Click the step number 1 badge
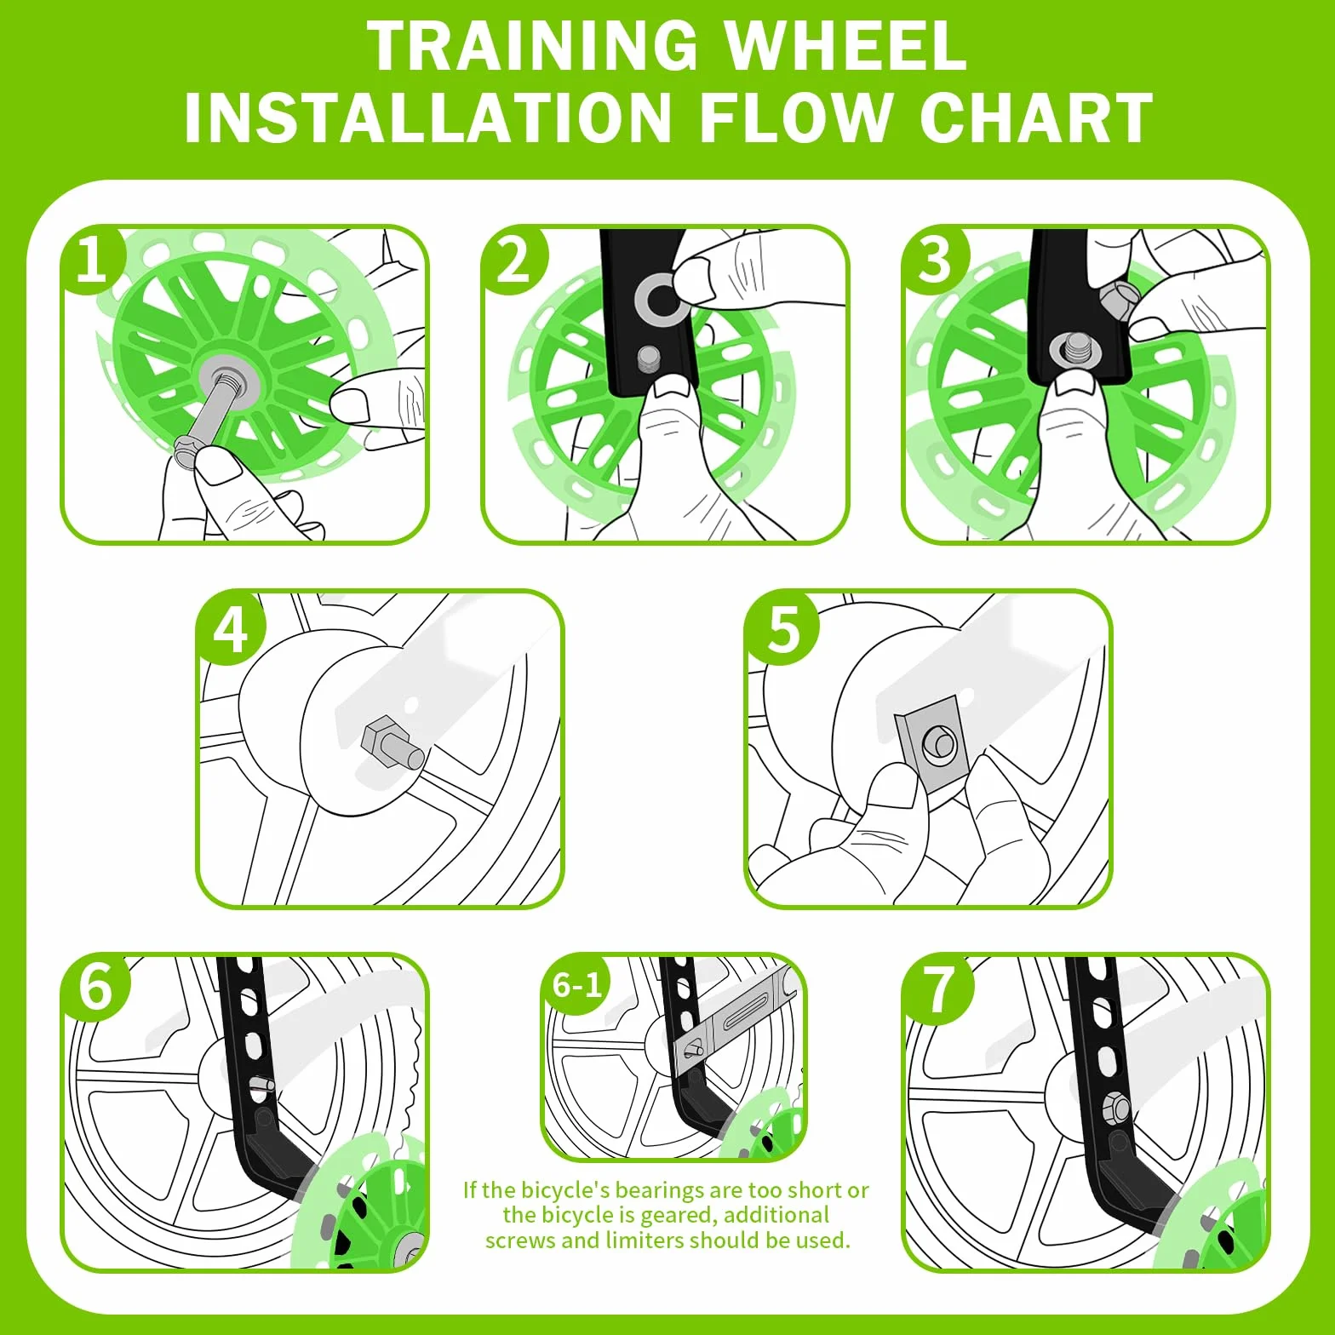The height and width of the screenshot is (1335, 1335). tap(91, 259)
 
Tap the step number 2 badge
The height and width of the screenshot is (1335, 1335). tap(513, 260)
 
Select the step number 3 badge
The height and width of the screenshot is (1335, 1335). tap(934, 260)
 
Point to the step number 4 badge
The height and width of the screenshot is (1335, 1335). tap(230, 630)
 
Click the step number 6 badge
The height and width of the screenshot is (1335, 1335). tap(95, 988)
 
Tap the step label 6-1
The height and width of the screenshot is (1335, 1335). tap(577, 985)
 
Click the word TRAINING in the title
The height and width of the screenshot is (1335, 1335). tap(532, 46)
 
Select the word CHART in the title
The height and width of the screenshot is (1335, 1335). tap(1036, 117)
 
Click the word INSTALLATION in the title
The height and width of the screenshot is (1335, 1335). tap(428, 117)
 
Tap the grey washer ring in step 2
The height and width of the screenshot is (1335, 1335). tap(660, 299)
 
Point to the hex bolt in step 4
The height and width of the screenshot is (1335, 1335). tap(390, 744)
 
